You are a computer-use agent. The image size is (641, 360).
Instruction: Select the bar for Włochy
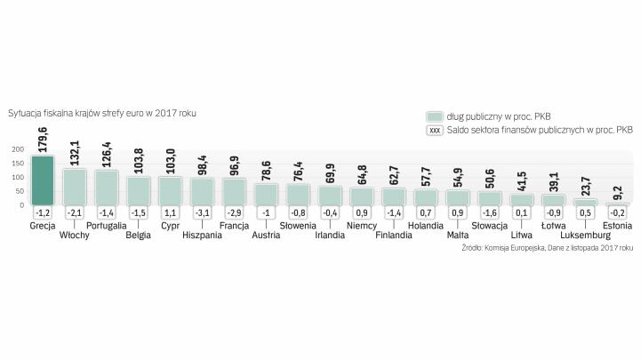[x=75, y=187]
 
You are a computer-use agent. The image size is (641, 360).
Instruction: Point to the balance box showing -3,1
[x=203, y=214]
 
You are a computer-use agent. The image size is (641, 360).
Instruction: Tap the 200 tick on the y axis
[x=18, y=149]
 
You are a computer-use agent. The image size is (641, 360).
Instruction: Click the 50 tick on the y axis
[x=20, y=191]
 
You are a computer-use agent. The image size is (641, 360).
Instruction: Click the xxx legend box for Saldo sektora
[x=435, y=130]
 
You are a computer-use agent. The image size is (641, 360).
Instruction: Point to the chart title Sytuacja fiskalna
[x=102, y=114]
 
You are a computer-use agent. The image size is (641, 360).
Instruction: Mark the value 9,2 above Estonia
[x=616, y=190]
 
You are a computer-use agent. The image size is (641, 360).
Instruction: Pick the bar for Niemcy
[x=361, y=196]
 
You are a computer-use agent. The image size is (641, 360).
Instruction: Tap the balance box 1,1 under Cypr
[x=171, y=214]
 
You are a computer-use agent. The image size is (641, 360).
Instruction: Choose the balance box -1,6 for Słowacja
[x=489, y=214]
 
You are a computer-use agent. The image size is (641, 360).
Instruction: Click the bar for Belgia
[x=139, y=190]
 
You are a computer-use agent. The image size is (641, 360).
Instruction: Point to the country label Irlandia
[x=330, y=236]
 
